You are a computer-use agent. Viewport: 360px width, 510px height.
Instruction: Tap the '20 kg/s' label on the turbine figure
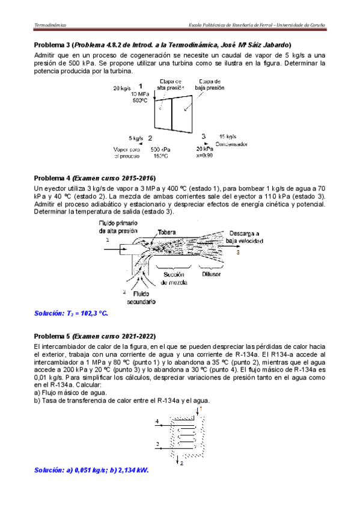click(x=122, y=88)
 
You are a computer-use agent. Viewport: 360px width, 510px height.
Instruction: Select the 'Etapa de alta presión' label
click(x=171, y=85)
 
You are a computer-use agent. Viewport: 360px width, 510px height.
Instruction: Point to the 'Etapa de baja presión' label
click(x=210, y=85)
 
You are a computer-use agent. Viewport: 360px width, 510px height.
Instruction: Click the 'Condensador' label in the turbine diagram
click(x=231, y=144)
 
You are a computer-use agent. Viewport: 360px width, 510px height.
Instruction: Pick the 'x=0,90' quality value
click(x=204, y=156)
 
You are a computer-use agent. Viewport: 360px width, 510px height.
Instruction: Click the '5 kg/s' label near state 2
click(x=136, y=138)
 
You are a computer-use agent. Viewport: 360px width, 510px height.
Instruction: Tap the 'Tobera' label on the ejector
click(x=166, y=232)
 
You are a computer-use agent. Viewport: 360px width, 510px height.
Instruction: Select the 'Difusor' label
click(x=211, y=274)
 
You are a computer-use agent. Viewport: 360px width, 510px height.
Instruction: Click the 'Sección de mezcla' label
click(x=174, y=278)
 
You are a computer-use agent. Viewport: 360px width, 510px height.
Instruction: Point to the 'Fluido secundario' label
click(x=141, y=298)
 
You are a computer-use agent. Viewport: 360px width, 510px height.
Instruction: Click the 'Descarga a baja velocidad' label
click(x=245, y=237)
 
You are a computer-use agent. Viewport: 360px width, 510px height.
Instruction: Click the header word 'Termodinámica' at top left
click(x=50, y=25)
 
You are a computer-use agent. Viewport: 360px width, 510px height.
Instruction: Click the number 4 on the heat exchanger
click(x=157, y=422)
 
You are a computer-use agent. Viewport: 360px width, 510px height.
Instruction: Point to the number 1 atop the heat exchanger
click(x=201, y=408)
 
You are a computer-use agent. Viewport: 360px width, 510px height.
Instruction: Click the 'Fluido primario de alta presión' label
click(x=118, y=227)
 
